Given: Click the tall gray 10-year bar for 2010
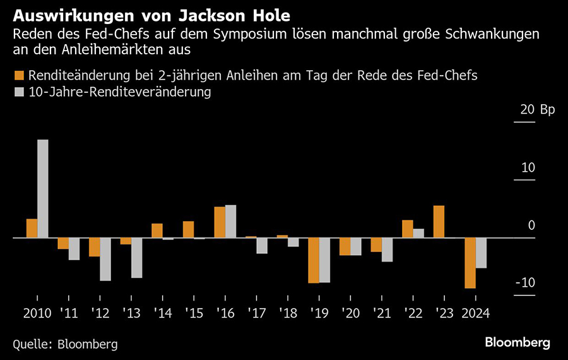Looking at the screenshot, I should tap(42, 188).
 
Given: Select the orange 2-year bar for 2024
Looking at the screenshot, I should tap(470, 263).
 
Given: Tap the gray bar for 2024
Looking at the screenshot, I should tap(481, 253).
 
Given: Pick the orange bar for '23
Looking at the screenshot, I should tap(439, 222).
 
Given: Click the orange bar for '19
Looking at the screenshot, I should tap(314, 260).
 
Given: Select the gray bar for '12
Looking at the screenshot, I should tap(105, 259).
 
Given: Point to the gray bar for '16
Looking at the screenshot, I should tap(230, 221).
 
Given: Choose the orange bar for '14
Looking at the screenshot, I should tap(157, 231).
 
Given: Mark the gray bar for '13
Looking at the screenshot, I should tap(136, 258).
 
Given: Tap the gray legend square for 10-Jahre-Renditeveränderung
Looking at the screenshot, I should tap(18, 92).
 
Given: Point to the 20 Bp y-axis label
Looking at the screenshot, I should tap(536, 110).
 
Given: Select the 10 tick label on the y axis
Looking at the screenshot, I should tap(528, 168).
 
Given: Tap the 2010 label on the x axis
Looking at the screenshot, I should tap(37, 312).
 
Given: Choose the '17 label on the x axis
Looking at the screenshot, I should tap(256, 312).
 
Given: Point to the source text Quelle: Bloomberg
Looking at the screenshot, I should tap(65, 344).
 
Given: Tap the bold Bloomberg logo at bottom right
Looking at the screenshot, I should tap(517, 342).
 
